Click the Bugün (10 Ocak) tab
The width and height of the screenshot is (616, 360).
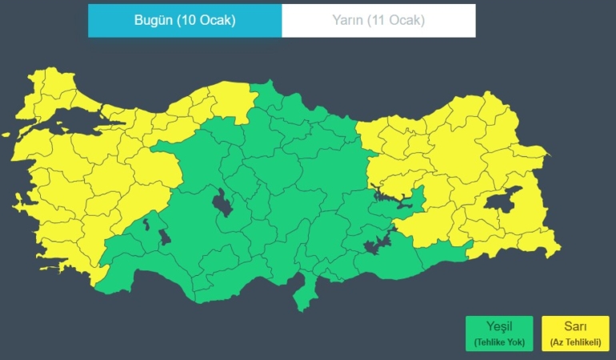tap(185, 21)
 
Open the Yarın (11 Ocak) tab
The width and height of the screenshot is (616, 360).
tap(378, 21)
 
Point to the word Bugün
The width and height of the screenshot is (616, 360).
tap(153, 21)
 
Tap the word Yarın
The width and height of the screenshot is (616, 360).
tap(346, 21)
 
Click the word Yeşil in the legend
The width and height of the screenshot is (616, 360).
tap(498, 326)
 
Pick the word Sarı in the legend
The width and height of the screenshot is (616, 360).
tap(575, 326)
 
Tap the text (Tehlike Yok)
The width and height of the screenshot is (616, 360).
tap(498, 342)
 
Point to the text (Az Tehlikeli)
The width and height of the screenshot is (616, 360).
tap(575, 342)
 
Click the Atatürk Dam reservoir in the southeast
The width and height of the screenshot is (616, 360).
tap(377, 245)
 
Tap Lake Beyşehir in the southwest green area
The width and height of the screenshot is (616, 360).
tap(165, 237)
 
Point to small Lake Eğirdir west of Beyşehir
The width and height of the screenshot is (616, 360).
tap(145, 224)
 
